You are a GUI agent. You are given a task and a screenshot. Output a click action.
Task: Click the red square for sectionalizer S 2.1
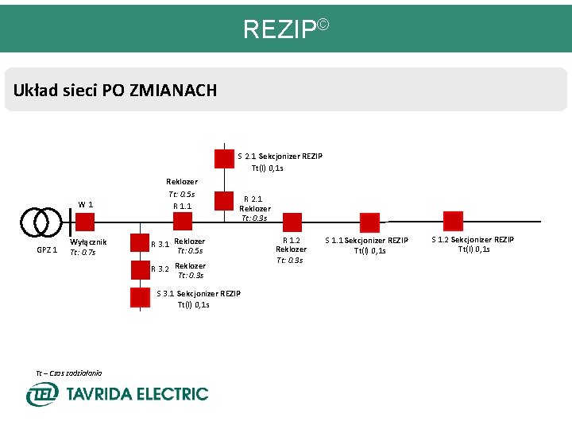(x=224, y=158)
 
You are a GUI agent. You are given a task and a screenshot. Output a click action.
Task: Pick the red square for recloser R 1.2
(x=292, y=223)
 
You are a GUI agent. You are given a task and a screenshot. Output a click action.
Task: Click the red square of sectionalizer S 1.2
(x=453, y=221)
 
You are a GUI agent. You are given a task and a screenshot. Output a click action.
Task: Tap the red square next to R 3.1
(x=140, y=244)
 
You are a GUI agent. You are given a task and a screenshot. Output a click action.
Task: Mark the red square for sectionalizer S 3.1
(x=140, y=297)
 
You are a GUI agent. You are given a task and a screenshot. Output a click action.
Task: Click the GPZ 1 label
(x=46, y=250)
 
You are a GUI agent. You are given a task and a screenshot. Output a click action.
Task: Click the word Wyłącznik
(x=88, y=242)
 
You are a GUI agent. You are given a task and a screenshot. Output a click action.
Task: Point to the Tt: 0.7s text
(x=83, y=253)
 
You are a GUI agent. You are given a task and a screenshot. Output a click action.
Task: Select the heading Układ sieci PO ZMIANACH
(x=115, y=90)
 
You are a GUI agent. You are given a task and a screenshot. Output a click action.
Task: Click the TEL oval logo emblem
(x=41, y=394)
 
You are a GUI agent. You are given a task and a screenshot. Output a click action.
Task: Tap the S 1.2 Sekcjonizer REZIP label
(x=472, y=240)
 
